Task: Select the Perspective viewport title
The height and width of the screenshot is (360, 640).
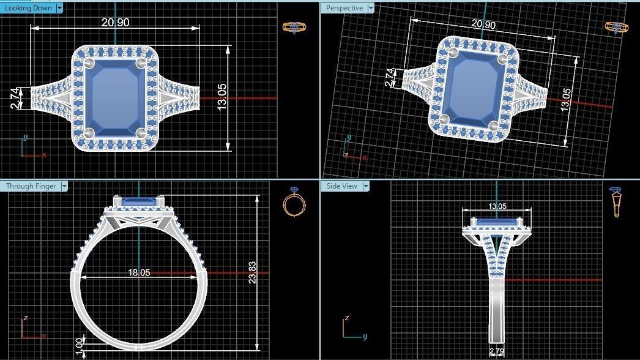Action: click(344, 8)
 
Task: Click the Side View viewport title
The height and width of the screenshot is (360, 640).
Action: click(341, 186)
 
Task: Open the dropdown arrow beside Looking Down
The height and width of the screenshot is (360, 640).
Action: click(59, 8)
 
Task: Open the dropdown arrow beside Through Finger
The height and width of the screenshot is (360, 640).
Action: click(64, 186)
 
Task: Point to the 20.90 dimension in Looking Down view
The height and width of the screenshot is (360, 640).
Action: click(115, 23)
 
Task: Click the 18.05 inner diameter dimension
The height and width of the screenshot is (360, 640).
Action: click(139, 272)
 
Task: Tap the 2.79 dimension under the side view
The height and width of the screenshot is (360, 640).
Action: click(496, 351)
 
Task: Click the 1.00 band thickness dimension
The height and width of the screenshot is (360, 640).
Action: click(78, 344)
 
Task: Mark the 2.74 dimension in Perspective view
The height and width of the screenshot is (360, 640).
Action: click(390, 77)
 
